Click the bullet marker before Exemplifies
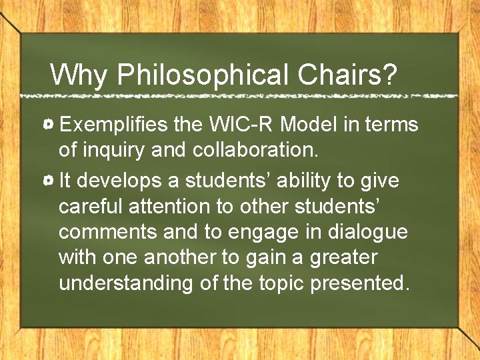pos(49,125)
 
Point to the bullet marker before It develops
pos(49,181)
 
